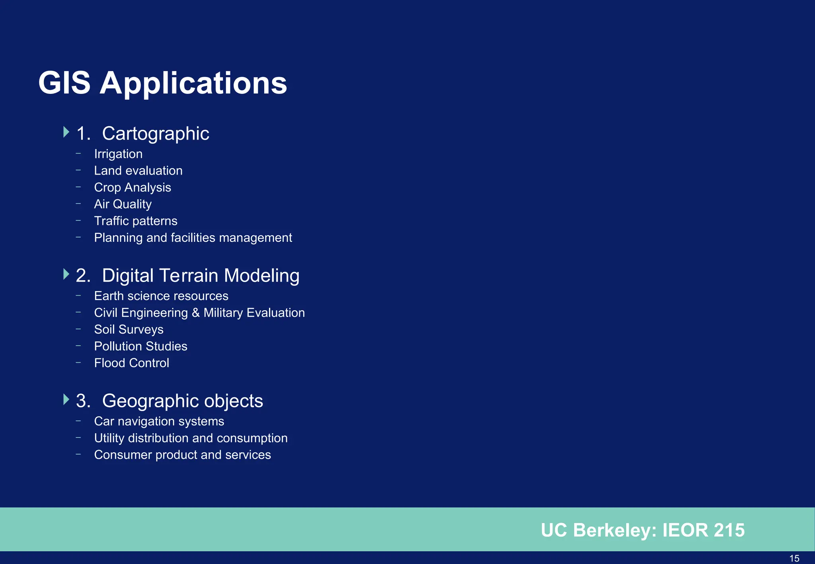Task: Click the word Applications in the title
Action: tap(193, 84)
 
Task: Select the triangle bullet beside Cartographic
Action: tap(66, 132)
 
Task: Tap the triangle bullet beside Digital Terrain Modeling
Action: tap(66, 274)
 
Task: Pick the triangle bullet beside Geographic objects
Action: tap(66, 399)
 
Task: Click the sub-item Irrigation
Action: tap(118, 154)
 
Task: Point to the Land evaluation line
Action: tap(138, 171)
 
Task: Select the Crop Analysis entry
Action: tap(133, 187)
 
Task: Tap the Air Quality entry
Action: tap(123, 204)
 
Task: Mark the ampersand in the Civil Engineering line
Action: tap(195, 313)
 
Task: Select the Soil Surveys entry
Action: tap(129, 329)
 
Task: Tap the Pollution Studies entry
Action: tap(140, 346)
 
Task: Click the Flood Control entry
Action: tap(131, 363)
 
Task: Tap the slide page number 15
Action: tap(794, 558)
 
